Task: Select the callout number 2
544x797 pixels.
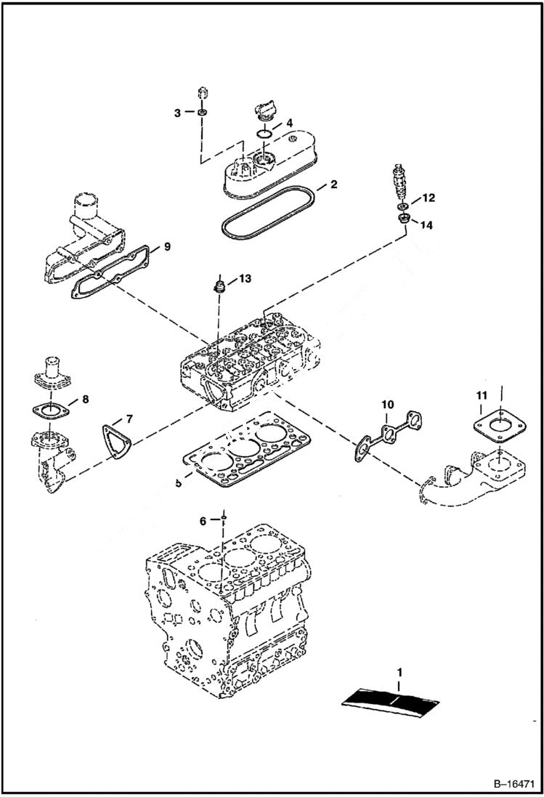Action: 333,185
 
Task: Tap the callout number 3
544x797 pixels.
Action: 177,113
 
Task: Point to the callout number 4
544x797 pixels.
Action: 289,124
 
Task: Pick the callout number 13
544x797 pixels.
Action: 245,278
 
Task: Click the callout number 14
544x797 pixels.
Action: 426,225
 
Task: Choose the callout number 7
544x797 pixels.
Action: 129,418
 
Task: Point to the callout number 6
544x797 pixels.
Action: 204,520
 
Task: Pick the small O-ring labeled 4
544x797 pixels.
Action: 265,134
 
